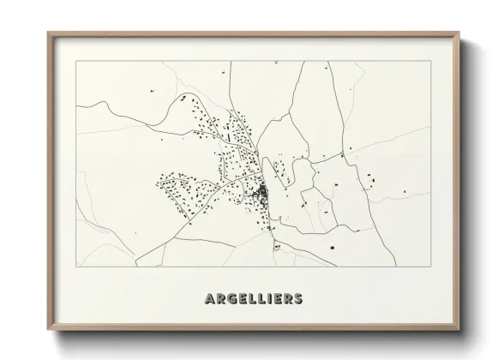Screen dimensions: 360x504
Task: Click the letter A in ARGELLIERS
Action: click(x=210, y=298)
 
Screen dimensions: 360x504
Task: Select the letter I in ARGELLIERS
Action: click(x=267, y=298)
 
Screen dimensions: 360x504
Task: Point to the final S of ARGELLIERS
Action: click(x=297, y=298)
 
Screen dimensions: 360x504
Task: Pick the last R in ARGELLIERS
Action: click(x=286, y=298)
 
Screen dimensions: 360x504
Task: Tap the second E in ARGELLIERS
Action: click(x=275, y=298)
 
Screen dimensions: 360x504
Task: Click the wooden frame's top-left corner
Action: click(x=48, y=33)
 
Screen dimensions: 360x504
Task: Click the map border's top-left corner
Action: click(x=76, y=62)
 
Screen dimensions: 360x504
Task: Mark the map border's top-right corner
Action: click(x=429, y=62)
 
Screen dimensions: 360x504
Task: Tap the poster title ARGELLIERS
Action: click(x=253, y=298)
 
